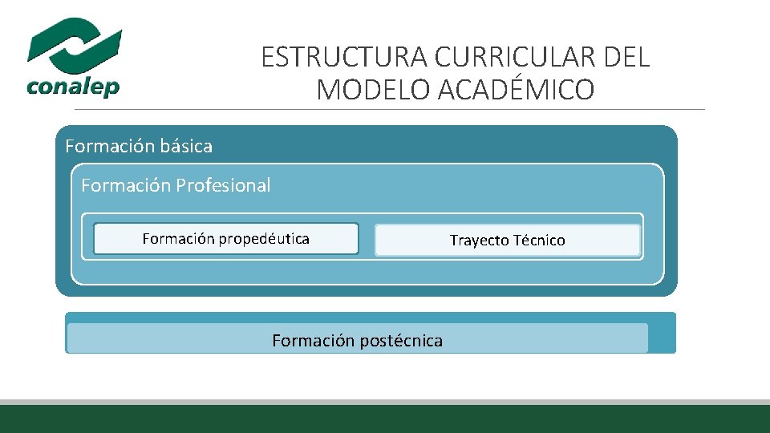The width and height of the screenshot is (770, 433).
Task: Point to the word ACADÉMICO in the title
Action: coord(517,90)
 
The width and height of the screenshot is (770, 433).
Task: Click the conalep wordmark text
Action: coord(73,86)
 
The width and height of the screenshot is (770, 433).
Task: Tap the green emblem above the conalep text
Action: coord(75,44)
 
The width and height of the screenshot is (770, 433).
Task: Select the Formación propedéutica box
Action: coord(226,239)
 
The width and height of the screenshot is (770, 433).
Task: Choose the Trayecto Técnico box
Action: coord(507,241)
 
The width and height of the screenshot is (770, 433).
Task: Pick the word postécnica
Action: coord(400,341)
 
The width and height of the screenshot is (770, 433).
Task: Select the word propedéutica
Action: coord(264,239)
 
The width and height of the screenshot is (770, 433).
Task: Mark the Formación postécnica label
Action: coord(357,341)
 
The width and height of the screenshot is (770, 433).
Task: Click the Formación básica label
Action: coord(139,146)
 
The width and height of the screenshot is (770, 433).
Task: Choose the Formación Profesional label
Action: coord(176,185)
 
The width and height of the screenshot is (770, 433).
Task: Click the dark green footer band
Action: coord(385,419)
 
